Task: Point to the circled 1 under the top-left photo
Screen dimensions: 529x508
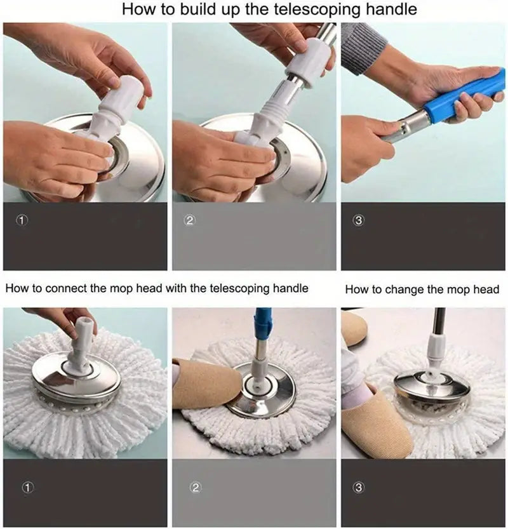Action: click(x=23, y=220)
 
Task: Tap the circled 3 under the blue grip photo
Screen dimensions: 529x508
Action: click(x=359, y=220)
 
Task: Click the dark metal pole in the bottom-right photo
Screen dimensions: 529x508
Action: click(x=438, y=321)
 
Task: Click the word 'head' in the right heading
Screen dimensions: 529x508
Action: click(x=486, y=290)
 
